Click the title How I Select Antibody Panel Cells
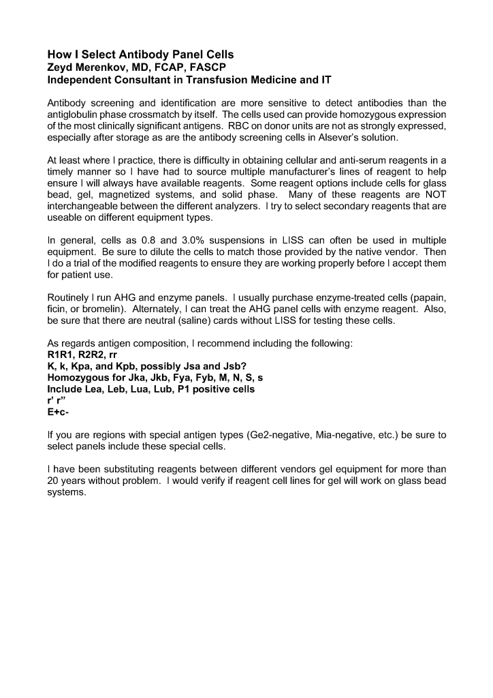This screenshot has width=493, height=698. [x=140, y=55]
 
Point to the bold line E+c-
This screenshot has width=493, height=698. [x=58, y=412]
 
